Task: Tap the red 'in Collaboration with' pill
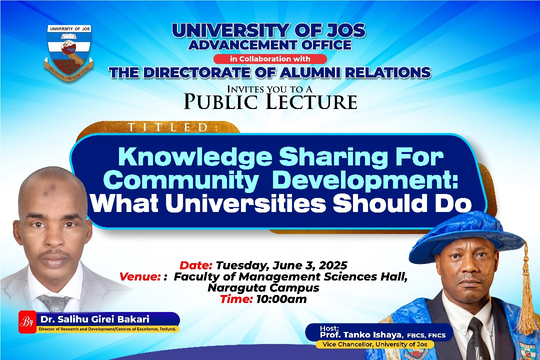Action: click(270, 59)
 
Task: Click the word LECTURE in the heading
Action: click(312, 101)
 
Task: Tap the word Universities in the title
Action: click(245, 203)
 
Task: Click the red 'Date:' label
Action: click(195, 265)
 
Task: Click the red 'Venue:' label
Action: click(140, 276)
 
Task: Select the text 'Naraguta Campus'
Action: click(263, 287)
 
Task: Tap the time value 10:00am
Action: click(281, 299)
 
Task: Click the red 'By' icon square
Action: click(27, 322)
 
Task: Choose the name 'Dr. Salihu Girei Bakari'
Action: click(94, 319)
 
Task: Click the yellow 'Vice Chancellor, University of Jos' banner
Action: click(374, 344)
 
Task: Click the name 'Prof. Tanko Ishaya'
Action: click(361, 335)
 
